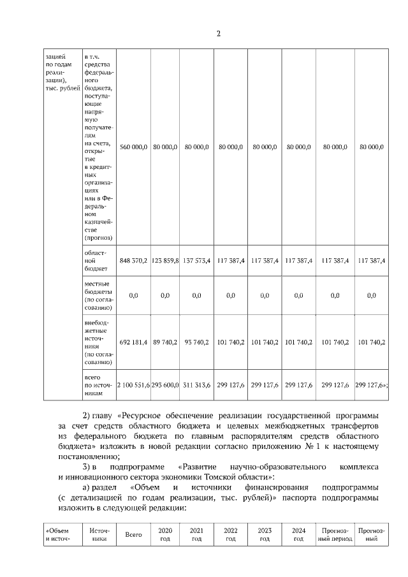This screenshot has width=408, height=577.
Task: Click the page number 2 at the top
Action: pos(218,34)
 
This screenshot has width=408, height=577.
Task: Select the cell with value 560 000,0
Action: pos(134,147)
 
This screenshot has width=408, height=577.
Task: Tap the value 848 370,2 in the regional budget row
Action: pos(134,260)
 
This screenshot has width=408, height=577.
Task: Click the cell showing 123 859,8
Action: pos(164,260)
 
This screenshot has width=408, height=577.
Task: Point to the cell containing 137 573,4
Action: pos(196,260)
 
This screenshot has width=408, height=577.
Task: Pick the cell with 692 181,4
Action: pos(134,342)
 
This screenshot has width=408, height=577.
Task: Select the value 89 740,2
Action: pos(164,342)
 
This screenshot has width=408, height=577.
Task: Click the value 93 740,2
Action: pos(196,342)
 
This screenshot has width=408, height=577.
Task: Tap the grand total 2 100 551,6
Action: pos(133,385)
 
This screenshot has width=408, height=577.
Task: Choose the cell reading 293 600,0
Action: pos(164,385)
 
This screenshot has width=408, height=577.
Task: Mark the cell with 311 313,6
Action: pos(196,385)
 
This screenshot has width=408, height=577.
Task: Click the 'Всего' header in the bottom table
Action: pos(133,534)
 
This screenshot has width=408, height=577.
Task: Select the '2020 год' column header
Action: pos(165,534)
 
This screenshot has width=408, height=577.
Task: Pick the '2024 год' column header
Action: pos(298,534)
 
